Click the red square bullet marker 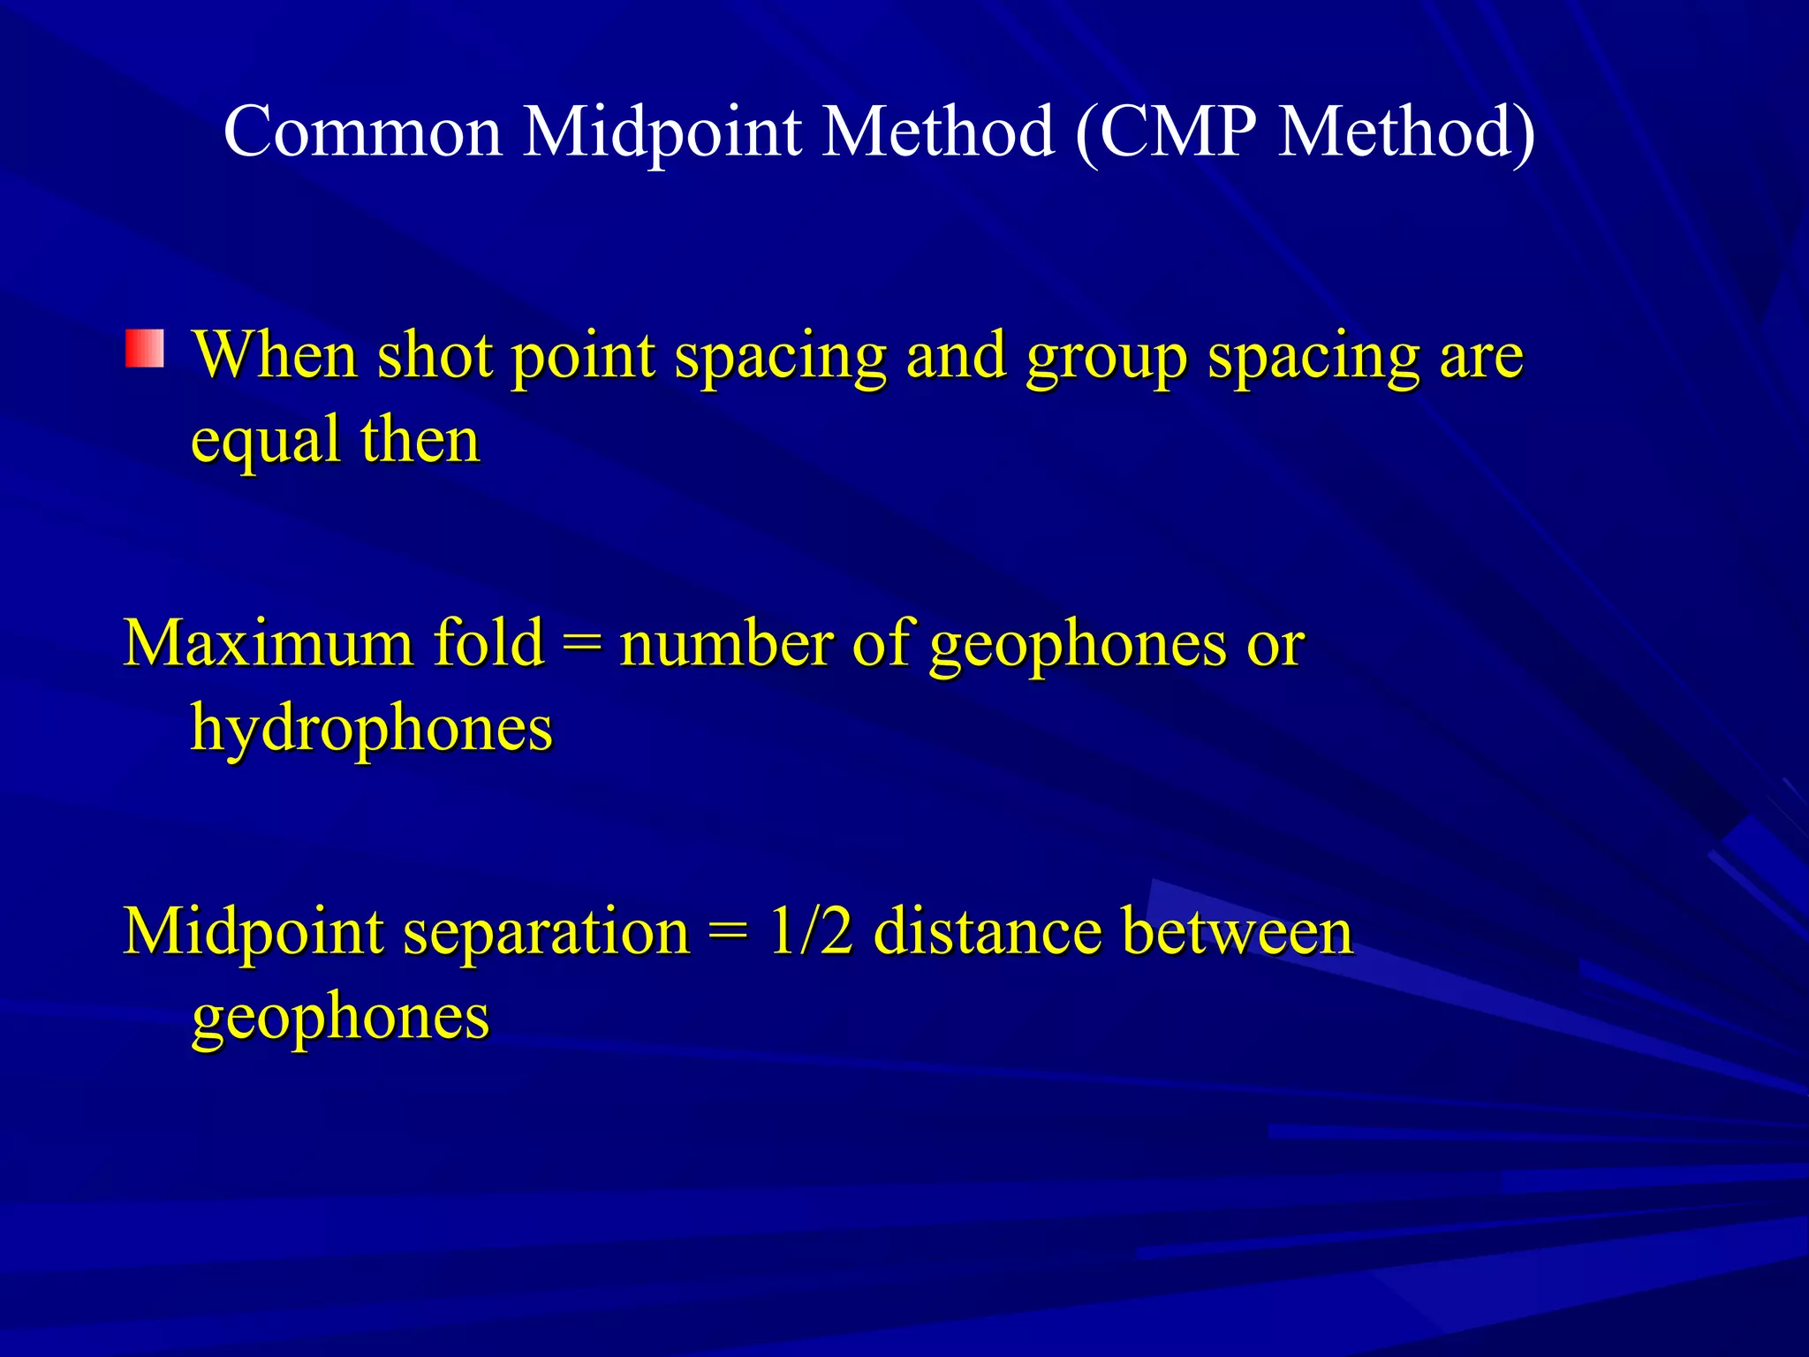[145, 348]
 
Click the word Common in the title [363, 132]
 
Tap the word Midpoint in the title [662, 132]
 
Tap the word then [420, 439]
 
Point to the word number [725, 642]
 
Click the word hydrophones [372, 730]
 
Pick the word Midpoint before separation [254, 932]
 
